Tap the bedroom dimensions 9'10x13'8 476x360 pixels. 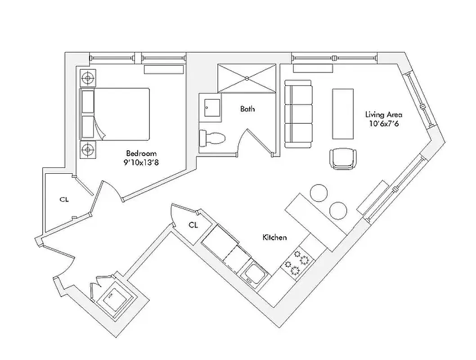(141, 162)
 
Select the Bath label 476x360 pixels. (247, 109)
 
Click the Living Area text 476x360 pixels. (383, 114)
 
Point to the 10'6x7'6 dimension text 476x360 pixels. (383, 124)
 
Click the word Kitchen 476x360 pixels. (274, 237)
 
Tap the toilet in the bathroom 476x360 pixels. (213, 138)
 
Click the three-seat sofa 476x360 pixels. (298, 113)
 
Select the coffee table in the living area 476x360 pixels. (343, 113)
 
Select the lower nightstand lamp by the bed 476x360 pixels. (87, 148)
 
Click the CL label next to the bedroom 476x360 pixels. (64, 199)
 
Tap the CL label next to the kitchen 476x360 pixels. (193, 225)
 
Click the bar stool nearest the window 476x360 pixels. (338, 210)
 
